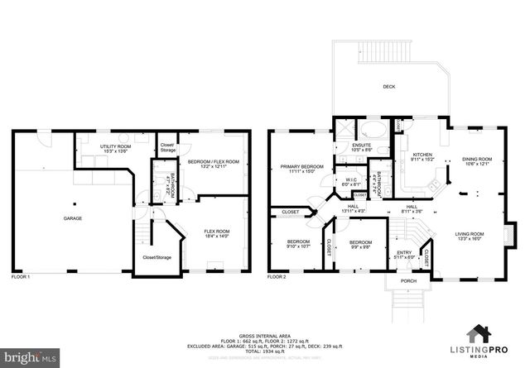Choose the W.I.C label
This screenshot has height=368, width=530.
[x=350, y=181]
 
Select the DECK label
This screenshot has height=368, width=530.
[x=388, y=87]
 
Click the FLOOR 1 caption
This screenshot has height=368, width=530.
[x=20, y=276]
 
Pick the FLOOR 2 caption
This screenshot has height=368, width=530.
[x=277, y=276]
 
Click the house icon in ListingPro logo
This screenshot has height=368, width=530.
[x=479, y=334]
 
